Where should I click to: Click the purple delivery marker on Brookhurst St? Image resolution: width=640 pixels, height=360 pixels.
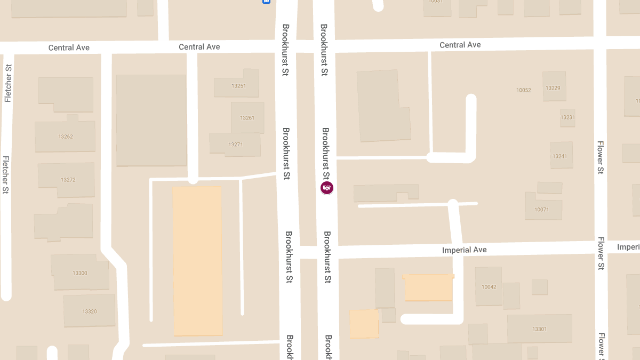(x=326, y=188)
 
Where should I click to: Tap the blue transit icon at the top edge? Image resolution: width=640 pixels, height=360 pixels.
(x=266, y=2)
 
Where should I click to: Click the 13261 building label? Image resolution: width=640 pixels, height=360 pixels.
(x=247, y=118)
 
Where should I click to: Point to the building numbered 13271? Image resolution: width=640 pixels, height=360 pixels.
(x=235, y=145)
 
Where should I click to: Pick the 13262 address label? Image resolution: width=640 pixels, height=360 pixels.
(x=66, y=137)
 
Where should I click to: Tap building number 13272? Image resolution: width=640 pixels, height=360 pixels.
(x=68, y=180)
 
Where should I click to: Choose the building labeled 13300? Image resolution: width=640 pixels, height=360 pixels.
(x=80, y=273)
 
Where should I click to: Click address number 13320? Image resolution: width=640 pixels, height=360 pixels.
(x=90, y=311)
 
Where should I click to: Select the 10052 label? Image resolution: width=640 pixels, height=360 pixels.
(x=524, y=90)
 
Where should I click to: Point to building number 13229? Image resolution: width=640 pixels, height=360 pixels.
(x=553, y=88)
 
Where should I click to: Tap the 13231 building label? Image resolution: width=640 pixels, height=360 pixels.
(x=567, y=117)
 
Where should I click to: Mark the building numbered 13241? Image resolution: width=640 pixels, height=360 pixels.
(x=560, y=156)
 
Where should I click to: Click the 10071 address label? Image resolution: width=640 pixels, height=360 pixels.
(x=541, y=210)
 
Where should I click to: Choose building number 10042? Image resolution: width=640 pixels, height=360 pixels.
(x=489, y=287)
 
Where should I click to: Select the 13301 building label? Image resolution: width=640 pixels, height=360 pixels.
(x=539, y=329)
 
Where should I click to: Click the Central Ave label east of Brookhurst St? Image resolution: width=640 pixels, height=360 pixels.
(x=460, y=45)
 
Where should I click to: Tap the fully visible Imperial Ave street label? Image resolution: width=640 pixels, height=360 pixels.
(x=464, y=250)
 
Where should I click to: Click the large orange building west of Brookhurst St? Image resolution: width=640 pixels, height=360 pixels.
(x=197, y=261)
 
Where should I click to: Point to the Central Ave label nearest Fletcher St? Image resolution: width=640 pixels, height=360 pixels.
(x=69, y=47)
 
